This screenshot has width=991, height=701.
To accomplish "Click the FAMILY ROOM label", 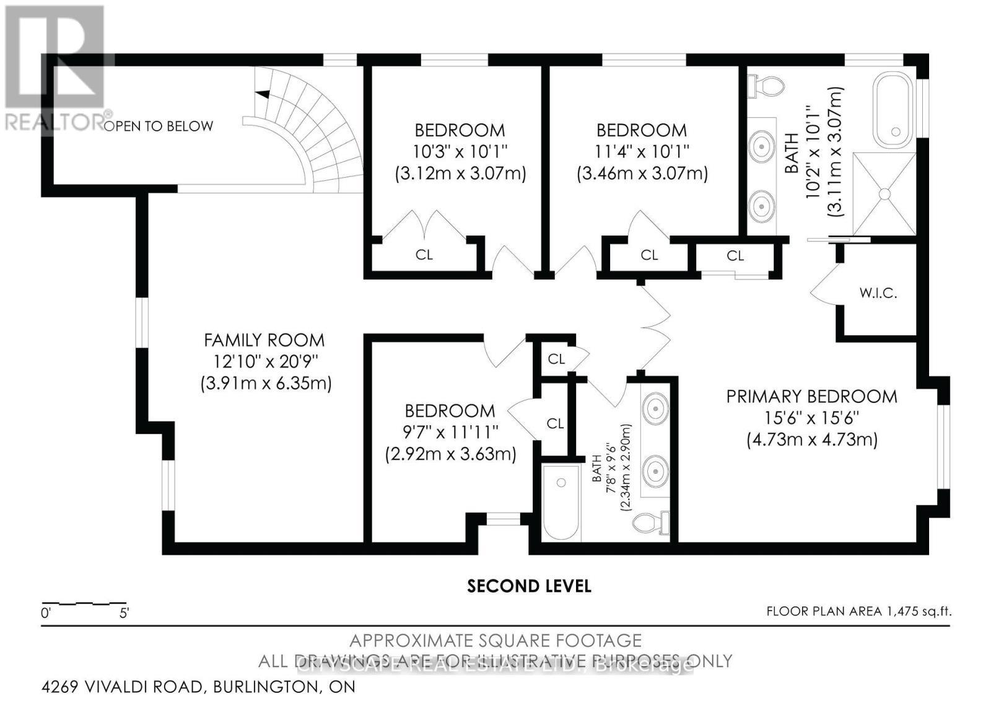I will coord(264,340).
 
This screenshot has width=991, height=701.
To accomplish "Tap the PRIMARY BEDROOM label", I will coord(811,396).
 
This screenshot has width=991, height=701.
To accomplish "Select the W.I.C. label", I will coord(878,293).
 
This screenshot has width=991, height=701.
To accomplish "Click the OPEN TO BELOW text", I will coord(159,126).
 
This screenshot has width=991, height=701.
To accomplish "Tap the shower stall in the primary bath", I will coord(884,193).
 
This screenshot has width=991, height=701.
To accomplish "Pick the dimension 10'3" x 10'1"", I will coord(460,151).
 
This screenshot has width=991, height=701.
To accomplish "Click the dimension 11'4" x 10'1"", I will coord(642,151).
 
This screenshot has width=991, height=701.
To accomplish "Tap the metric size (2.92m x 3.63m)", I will coord(450,454).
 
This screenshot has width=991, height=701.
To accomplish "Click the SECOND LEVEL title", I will coord(529,586).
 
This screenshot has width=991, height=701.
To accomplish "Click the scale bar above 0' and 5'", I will coord(84,602).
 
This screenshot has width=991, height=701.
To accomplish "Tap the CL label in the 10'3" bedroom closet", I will coord(424,255).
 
